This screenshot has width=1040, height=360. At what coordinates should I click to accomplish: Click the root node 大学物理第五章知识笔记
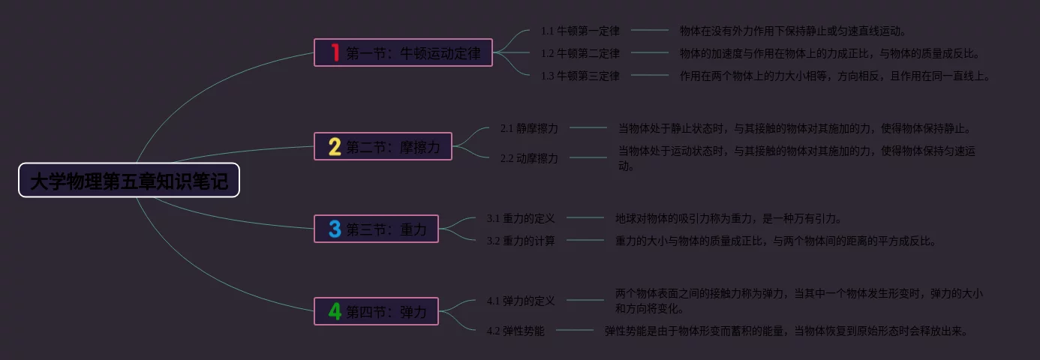(129, 181)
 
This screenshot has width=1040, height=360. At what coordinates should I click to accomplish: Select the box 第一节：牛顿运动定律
(403, 52)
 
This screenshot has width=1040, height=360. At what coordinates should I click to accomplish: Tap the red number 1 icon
(335, 52)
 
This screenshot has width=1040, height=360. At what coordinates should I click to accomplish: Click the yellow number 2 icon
(335, 146)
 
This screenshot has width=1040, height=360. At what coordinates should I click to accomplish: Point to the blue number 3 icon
(335, 229)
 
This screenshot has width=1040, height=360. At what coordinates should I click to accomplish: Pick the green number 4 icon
(335, 311)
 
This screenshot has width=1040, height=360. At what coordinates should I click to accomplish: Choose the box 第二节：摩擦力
(383, 146)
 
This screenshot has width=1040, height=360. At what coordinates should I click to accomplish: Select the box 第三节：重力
(376, 229)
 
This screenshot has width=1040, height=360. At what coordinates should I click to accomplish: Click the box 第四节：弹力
(376, 311)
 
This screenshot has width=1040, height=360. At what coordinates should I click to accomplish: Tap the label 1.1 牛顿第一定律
(580, 31)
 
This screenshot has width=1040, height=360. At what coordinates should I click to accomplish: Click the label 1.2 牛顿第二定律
(580, 53)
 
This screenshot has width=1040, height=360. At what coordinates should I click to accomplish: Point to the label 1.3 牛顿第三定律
(580, 76)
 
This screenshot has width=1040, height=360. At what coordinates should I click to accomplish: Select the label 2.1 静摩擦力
(529, 128)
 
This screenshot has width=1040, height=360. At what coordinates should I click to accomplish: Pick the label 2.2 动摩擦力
(529, 158)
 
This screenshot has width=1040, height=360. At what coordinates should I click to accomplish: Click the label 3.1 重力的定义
(521, 218)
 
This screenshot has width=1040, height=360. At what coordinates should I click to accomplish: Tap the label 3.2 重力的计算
(521, 241)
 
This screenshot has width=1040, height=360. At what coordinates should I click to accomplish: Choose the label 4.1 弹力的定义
(521, 301)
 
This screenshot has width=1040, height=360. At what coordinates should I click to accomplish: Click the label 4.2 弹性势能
(515, 331)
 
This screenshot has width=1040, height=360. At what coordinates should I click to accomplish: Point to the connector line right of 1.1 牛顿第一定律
(650, 31)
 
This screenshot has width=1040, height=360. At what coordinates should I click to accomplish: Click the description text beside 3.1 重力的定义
(729, 218)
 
